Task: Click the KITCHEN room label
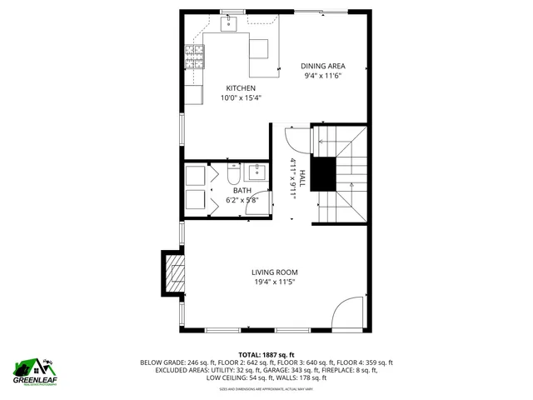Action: point(241,88)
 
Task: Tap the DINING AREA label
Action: point(323,67)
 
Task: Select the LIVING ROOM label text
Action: point(275,272)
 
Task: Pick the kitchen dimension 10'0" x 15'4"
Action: point(241,98)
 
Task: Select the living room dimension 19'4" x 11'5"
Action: point(275,282)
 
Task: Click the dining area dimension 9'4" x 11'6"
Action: point(323,77)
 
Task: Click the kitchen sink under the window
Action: point(229,24)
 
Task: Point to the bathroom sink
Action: point(257,172)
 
